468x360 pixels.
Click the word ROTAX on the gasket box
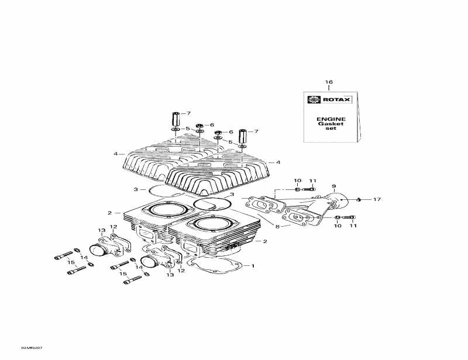pyautogui.click(x=338, y=100)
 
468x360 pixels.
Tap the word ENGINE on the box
pyautogui.click(x=331, y=119)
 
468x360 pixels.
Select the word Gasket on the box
pyautogui.click(x=331, y=124)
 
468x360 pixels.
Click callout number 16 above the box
pyautogui.click(x=329, y=82)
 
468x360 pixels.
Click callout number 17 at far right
pyautogui.click(x=377, y=200)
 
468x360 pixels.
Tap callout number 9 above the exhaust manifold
pyautogui.click(x=334, y=186)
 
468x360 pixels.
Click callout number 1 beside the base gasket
pyautogui.click(x=253, y=266)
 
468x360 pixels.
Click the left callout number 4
pyautogui.click(x=116, y=154)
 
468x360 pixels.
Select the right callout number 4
pyautogui.click(x=278, y=162)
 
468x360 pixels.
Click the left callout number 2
pyautogui.click(x=109, y=213)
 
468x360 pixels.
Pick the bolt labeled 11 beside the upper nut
pyautogui.click(x=312, y=189)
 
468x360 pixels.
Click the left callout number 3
pyautogui.click(x=135, y=189)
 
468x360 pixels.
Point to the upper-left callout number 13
pyautogui.click(x=101, y=230)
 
